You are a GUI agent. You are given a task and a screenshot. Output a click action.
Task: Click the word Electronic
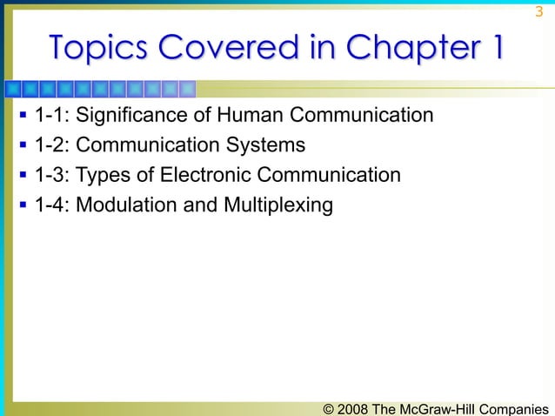pos(195,176)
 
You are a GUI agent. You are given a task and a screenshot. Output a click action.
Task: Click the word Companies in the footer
pos(517,407)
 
